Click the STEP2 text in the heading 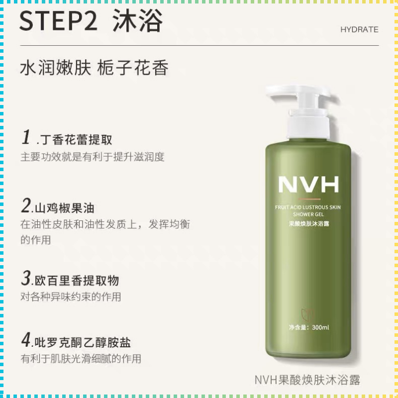(58, 21)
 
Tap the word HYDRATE (359, 30)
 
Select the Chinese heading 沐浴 (137, 20)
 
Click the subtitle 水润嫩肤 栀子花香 (94, 68)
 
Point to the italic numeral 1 (26, 137)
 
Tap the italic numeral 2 (26, 205)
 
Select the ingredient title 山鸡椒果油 (65, 208)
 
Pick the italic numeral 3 (26, 278)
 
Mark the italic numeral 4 (26, 340)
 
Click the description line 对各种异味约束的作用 (71, 297)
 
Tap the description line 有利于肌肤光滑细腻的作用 (81, 358)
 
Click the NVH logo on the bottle (308, 185)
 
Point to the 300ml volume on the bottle (320, 327)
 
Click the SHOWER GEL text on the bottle (308, 214)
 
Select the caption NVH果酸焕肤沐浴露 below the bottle (307, 380)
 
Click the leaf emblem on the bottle (307, 315)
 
